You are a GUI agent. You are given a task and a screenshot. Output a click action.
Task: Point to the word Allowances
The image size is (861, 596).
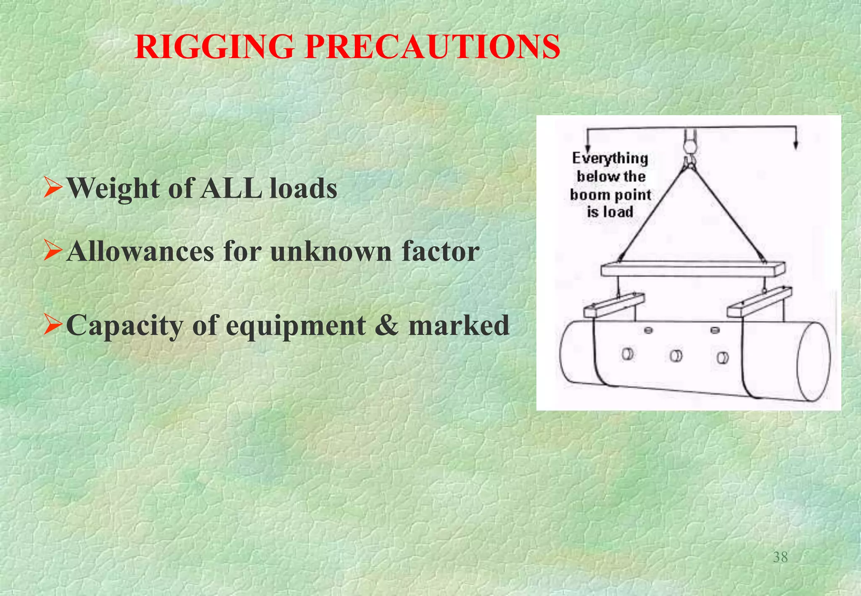coord(140,252)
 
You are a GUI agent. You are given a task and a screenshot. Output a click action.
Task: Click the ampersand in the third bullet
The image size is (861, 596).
coord(387,325)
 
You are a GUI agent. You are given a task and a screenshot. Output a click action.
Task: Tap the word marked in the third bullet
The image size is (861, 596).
coord(459,325)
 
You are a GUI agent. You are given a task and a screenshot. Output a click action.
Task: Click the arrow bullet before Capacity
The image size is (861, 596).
coord(53,324)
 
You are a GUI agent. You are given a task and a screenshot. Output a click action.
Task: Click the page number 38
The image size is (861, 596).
coord(780,557)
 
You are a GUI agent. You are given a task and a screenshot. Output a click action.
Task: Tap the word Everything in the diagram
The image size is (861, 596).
coord(610,158)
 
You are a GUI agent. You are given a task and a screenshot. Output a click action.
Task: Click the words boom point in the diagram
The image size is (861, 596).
coord(610,195)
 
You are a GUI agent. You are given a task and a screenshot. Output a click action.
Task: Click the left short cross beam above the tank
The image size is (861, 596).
coord(614,305)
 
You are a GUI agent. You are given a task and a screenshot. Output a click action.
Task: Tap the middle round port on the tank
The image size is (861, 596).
coord(676,356)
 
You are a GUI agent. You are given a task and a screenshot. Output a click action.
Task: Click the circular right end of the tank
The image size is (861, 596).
coord(813,362)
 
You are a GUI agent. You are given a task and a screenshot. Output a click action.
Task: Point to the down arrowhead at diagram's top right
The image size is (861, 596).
coord(795,145)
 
